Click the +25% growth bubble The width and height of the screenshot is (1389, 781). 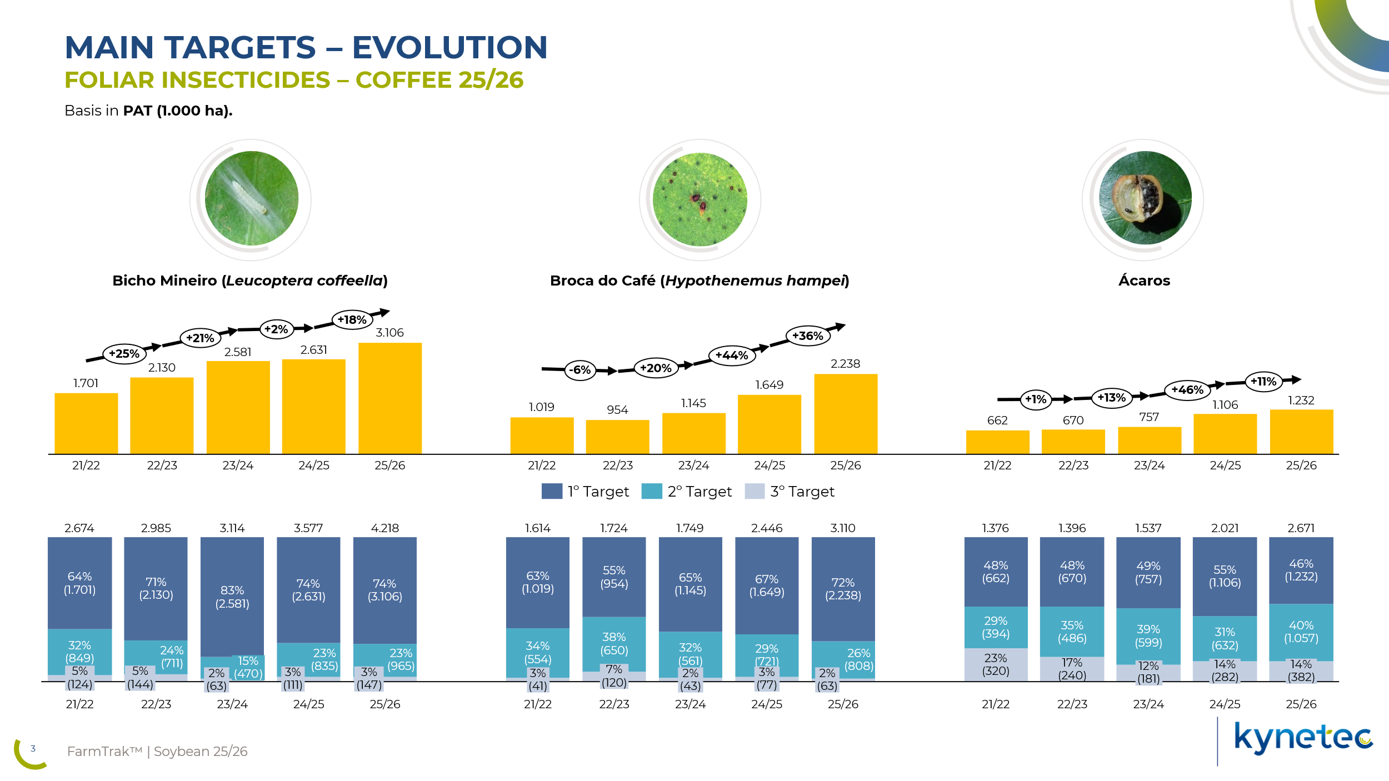124,354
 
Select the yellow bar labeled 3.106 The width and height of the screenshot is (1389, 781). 390,398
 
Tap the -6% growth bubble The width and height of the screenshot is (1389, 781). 580,370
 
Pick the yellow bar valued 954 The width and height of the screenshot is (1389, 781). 617,437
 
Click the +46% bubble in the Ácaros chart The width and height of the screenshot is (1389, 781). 1187,390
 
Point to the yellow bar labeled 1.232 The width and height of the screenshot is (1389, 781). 1301,432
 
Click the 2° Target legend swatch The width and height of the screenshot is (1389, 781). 652,491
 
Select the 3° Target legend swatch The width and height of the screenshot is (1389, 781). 755,491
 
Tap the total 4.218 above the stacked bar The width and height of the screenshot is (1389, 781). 385,528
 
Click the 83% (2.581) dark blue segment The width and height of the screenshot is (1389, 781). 232,597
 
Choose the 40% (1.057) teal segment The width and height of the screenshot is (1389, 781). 1301,632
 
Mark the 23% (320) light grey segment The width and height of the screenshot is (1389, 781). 996,664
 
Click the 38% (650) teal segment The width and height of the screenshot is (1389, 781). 614,644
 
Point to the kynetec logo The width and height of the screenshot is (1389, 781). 1303,738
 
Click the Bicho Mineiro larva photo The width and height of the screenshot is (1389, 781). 251,198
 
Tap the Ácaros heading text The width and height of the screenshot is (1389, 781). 1144,281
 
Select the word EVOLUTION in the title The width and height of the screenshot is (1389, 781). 449,47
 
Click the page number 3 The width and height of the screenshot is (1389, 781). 33,748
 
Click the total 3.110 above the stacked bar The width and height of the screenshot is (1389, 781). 843,528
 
